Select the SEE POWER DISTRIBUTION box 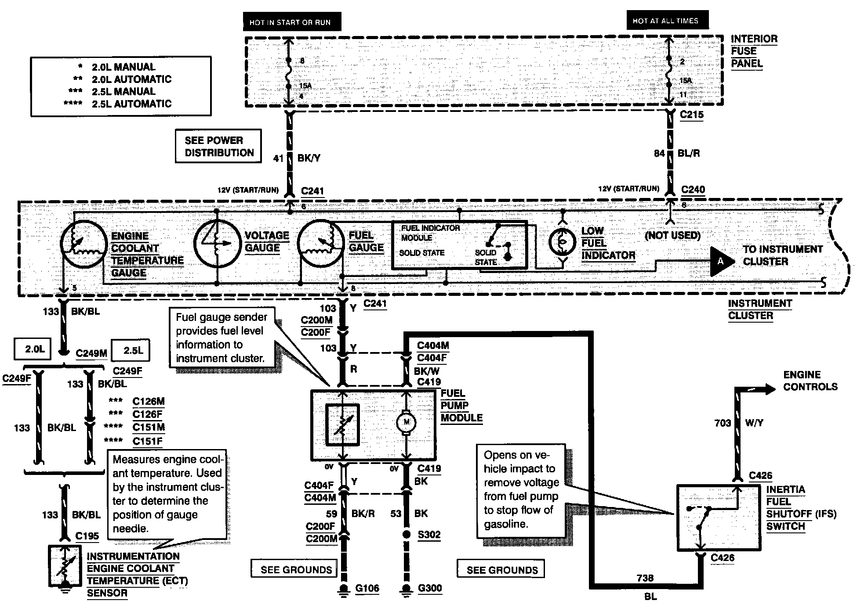[218, 146]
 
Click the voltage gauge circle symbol [217, 244]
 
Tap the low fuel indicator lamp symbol [562, 241]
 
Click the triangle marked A [721, 261]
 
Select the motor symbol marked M [407, 423]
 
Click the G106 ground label [367, 588]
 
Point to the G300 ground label [430, 588]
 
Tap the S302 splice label [429, 535]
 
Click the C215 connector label [692, 115]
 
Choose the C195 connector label [87, 536]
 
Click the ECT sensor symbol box [65, 566]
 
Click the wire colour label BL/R [689, 154]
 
